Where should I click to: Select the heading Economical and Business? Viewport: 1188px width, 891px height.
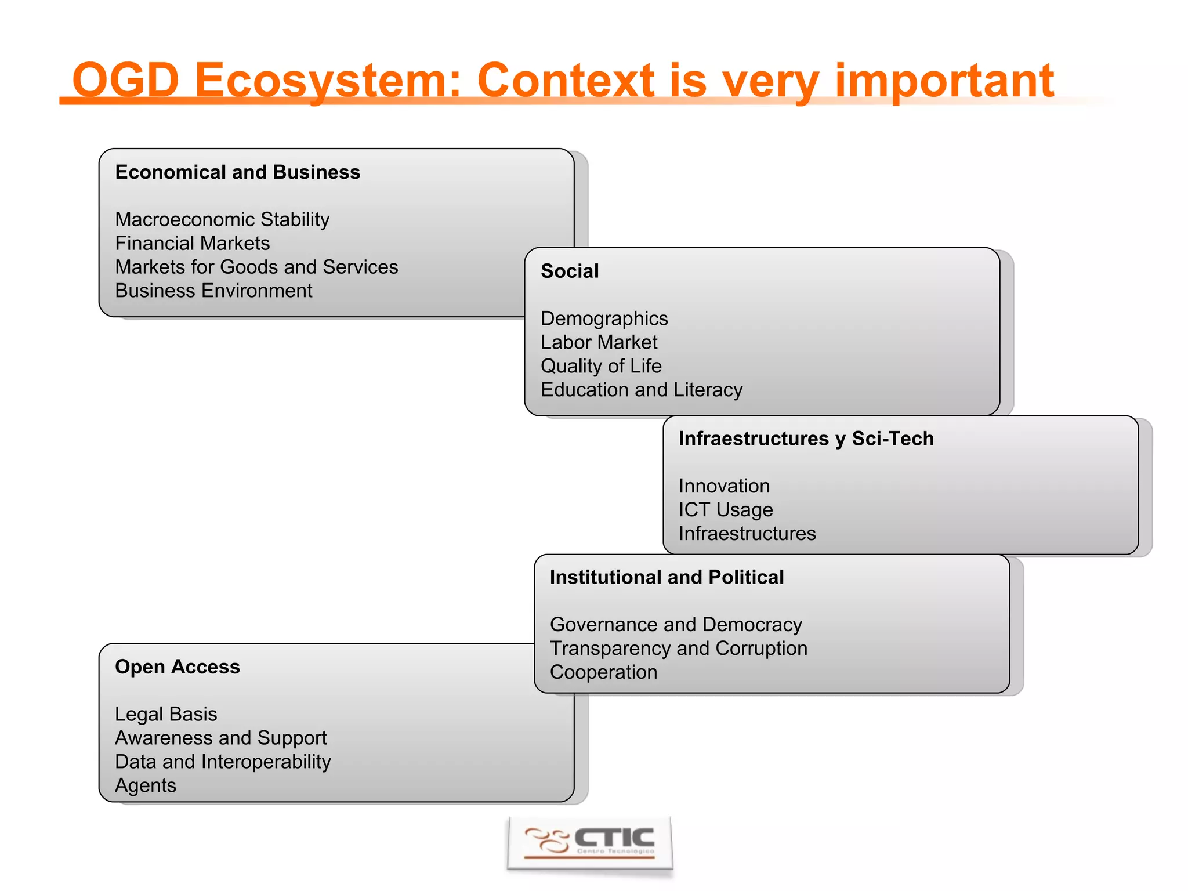(237, 172)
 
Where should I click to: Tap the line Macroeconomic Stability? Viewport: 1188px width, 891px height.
(222, 219)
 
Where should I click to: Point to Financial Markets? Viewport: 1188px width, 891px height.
(192, 243)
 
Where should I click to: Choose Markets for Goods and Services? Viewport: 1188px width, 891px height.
(256, 267)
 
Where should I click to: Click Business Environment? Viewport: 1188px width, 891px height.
(213, 291)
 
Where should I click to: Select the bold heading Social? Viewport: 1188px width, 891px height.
(570, 271)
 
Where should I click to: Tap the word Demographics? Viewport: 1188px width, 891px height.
(604, 318)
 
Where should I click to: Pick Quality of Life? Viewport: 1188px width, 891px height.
(601, 366)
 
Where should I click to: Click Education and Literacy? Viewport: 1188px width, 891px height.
(642, 390)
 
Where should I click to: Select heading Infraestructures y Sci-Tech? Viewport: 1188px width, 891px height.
(806, 439)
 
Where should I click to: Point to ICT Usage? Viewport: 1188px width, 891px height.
(726, 510)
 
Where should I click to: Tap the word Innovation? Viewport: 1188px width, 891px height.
(724, 486)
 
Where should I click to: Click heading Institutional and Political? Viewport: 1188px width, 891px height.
(667, 577)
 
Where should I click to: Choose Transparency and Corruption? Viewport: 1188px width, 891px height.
(678, 649)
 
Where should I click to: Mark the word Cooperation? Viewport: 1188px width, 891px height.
(603, 672)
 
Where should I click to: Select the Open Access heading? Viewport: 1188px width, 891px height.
(178, 667)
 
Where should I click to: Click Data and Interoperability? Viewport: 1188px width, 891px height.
(223, 762)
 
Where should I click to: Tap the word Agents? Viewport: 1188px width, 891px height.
(146, 785)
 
